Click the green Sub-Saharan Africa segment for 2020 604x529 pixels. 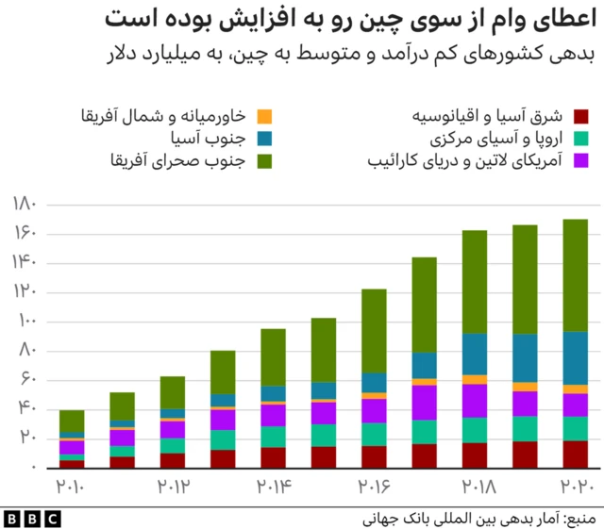click(562, 275)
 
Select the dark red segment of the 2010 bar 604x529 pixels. click(72, 463)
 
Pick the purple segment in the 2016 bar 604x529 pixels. click(374, 410)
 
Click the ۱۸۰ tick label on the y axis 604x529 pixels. click(25, 204)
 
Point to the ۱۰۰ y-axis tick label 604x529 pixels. click(25, 322)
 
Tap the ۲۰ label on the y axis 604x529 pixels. click(26, 438)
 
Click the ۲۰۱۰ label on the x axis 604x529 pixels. click(72, 487)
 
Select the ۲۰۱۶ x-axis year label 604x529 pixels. click(374, 487)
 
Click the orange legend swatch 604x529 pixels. click(265, 117)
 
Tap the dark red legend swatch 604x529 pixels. click(581, 117)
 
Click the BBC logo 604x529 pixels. click(32, 518)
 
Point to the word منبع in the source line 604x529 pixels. click(577, 518)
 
